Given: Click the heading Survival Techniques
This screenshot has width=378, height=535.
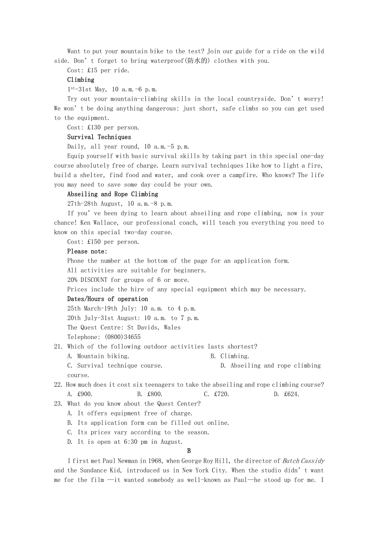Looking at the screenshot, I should (x=99, y=137).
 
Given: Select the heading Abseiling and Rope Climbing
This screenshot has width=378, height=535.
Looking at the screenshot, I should (x=113, y=194).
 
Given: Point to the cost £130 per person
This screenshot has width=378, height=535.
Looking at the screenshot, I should (x=113, y=127).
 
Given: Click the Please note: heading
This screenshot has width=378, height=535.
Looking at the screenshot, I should (x=87, y=251).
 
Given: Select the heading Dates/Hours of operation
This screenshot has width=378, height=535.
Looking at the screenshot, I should (x=108, y=299).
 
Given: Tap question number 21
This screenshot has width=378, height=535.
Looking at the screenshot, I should (x=59, y=347).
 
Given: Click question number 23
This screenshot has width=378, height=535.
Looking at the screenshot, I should (x=59, y=404).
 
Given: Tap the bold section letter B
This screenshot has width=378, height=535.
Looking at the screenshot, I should (x=189, y=451).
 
